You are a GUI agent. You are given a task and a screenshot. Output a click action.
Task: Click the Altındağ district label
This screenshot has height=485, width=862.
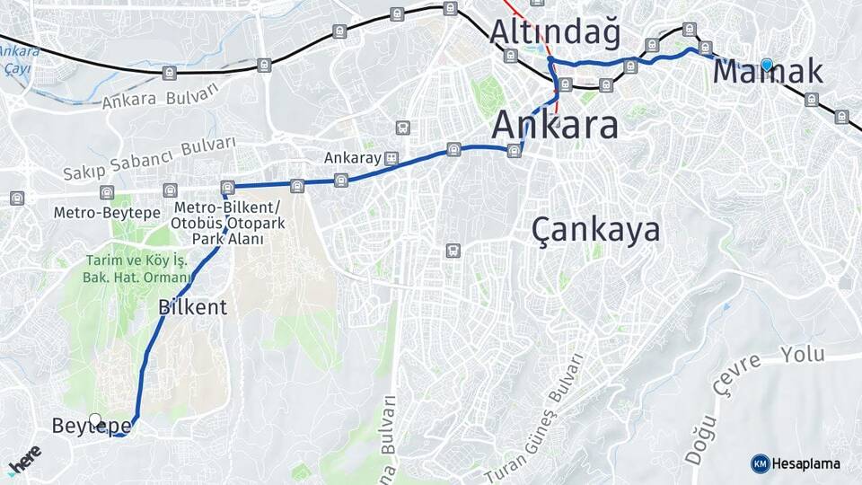click(555, 32)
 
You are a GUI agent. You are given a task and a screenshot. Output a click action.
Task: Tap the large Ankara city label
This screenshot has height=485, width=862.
click(555, 125)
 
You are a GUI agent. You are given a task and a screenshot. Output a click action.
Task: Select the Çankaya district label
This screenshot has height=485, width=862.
click(596, 230)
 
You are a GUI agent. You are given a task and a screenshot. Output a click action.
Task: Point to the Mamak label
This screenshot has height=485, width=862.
click(768, 72)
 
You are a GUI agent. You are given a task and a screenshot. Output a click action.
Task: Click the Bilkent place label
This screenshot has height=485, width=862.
click(192, 306)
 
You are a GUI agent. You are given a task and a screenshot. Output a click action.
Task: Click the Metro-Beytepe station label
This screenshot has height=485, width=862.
click(107, 213)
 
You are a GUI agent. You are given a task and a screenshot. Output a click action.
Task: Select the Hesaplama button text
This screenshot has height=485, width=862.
click(805, 463)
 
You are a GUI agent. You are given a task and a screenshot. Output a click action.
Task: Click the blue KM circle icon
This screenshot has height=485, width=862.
click(760, 463)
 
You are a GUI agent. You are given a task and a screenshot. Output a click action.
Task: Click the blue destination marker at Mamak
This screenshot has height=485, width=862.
click(767, 65)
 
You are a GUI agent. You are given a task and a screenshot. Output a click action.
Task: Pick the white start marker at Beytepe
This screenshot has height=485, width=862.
click(96, 419)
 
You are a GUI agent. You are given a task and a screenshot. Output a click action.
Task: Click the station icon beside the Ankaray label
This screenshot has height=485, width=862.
click(391, 158)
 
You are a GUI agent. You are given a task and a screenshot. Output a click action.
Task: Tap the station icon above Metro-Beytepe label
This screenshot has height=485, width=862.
click(107, 192)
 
